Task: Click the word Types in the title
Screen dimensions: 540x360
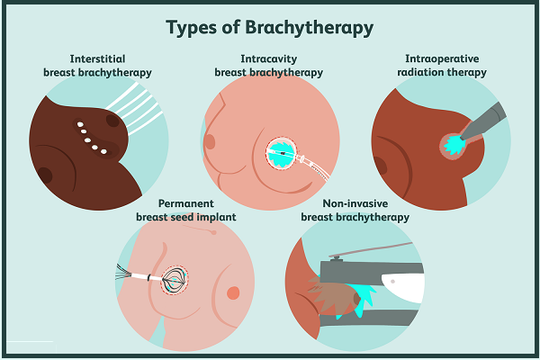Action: [x=192, y=28]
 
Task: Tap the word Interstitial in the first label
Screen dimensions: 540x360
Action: [x=97, y=58]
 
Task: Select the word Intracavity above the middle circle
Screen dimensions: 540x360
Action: [x=268, y=59]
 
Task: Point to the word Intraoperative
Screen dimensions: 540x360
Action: [x=442, y=58]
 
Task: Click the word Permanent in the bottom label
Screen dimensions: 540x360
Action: [x=186, y=203]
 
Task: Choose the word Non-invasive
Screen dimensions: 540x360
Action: [x=355, y=203]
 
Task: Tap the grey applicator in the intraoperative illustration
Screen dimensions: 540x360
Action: [x=483, y=122]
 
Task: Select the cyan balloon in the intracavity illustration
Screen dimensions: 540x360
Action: [x=282, y=154]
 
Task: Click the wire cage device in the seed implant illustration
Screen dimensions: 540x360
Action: [x=175, y=280]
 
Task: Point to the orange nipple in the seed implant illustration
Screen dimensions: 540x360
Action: [x=233, y=292]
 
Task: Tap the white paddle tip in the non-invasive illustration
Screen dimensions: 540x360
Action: [x=403, y=283]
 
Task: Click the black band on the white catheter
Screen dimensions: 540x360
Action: [x=149, y=277]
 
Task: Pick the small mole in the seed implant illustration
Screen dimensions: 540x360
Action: [x=213, y=232]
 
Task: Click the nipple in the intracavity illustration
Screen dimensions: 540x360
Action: [x=210, y=141]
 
